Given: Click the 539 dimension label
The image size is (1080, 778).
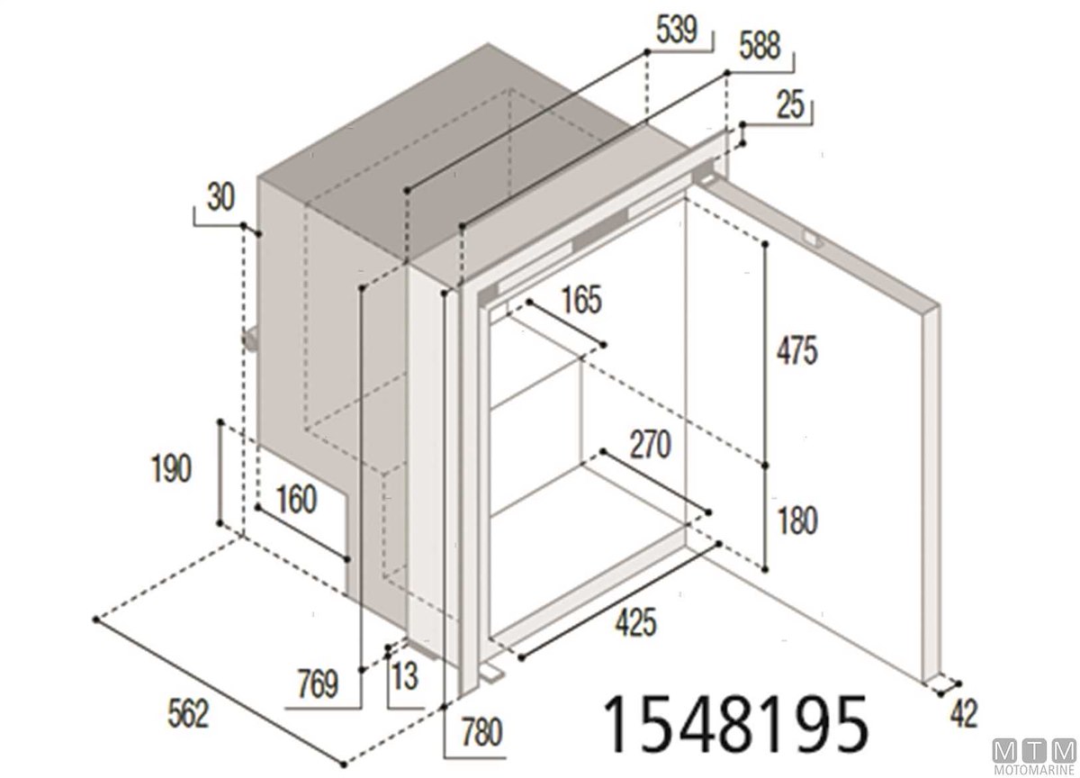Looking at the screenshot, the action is [x=677, y=31].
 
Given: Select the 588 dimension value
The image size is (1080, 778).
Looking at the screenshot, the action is [x=760, y=46].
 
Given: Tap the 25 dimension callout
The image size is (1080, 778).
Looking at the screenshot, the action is [x=790, y=105].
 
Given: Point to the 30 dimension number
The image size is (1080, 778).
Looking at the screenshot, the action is [x=220, y=197].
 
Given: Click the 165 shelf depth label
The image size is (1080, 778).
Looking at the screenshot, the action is [x=582, y=300].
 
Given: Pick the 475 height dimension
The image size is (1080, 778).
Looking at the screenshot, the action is [x=797, y=350].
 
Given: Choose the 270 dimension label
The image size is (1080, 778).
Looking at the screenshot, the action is [x=651, y=445].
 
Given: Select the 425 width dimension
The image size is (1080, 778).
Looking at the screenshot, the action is [x=635, y=622].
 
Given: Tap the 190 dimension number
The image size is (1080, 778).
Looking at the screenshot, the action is [x=171, y=468].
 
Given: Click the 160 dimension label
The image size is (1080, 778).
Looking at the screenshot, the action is [x=296, y=500].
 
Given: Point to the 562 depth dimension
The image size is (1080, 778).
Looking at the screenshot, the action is [x=188, y=714].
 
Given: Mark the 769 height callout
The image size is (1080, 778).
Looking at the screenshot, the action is [x=318, y=684].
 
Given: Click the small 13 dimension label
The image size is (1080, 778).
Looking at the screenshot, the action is [x=404, y=677].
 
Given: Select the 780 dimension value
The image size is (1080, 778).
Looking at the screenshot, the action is [x=482, y=733].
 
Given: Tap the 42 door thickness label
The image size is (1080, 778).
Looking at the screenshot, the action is [x=964, y=714].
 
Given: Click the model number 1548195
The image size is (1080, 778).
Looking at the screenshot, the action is [x=734, y=726].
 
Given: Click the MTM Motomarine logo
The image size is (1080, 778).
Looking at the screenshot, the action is [x=1034, y=756].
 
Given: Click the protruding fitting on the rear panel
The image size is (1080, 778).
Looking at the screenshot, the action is [x=250, y=340].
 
